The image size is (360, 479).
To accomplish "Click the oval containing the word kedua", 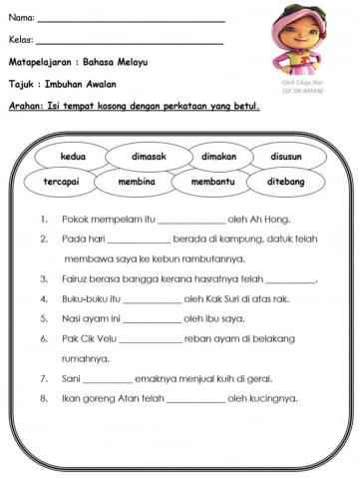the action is [73, 158].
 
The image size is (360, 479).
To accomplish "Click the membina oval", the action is [136, 184].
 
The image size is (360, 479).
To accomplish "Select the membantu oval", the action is [208, 184].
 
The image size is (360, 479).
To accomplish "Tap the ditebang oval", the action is [281, 184].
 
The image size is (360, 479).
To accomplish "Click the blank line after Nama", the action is [130, 19].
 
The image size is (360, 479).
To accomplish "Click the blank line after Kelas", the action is [130, 42].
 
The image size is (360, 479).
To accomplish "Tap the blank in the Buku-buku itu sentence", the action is [151, 299].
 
